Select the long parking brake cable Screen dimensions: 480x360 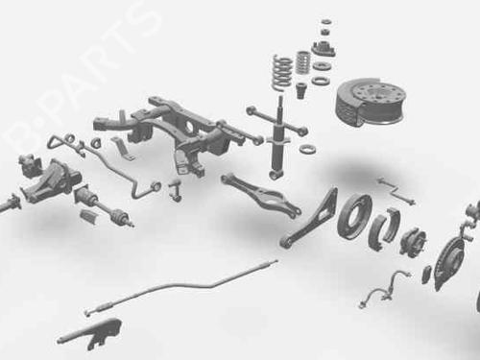click(180, 285)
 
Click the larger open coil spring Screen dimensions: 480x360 click(282, 72)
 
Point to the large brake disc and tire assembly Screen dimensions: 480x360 click(370, 104)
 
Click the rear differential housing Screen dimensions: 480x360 click(51, 180)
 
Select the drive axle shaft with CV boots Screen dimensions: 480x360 click(104, 204)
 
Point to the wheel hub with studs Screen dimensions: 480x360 click(413, 241)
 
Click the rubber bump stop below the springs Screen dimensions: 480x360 click(301, 91)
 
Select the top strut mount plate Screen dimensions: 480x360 click(324, 50)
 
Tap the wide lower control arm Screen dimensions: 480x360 click(261, 195)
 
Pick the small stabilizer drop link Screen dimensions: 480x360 click(175, 191)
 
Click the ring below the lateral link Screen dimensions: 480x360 click(308, 149)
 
